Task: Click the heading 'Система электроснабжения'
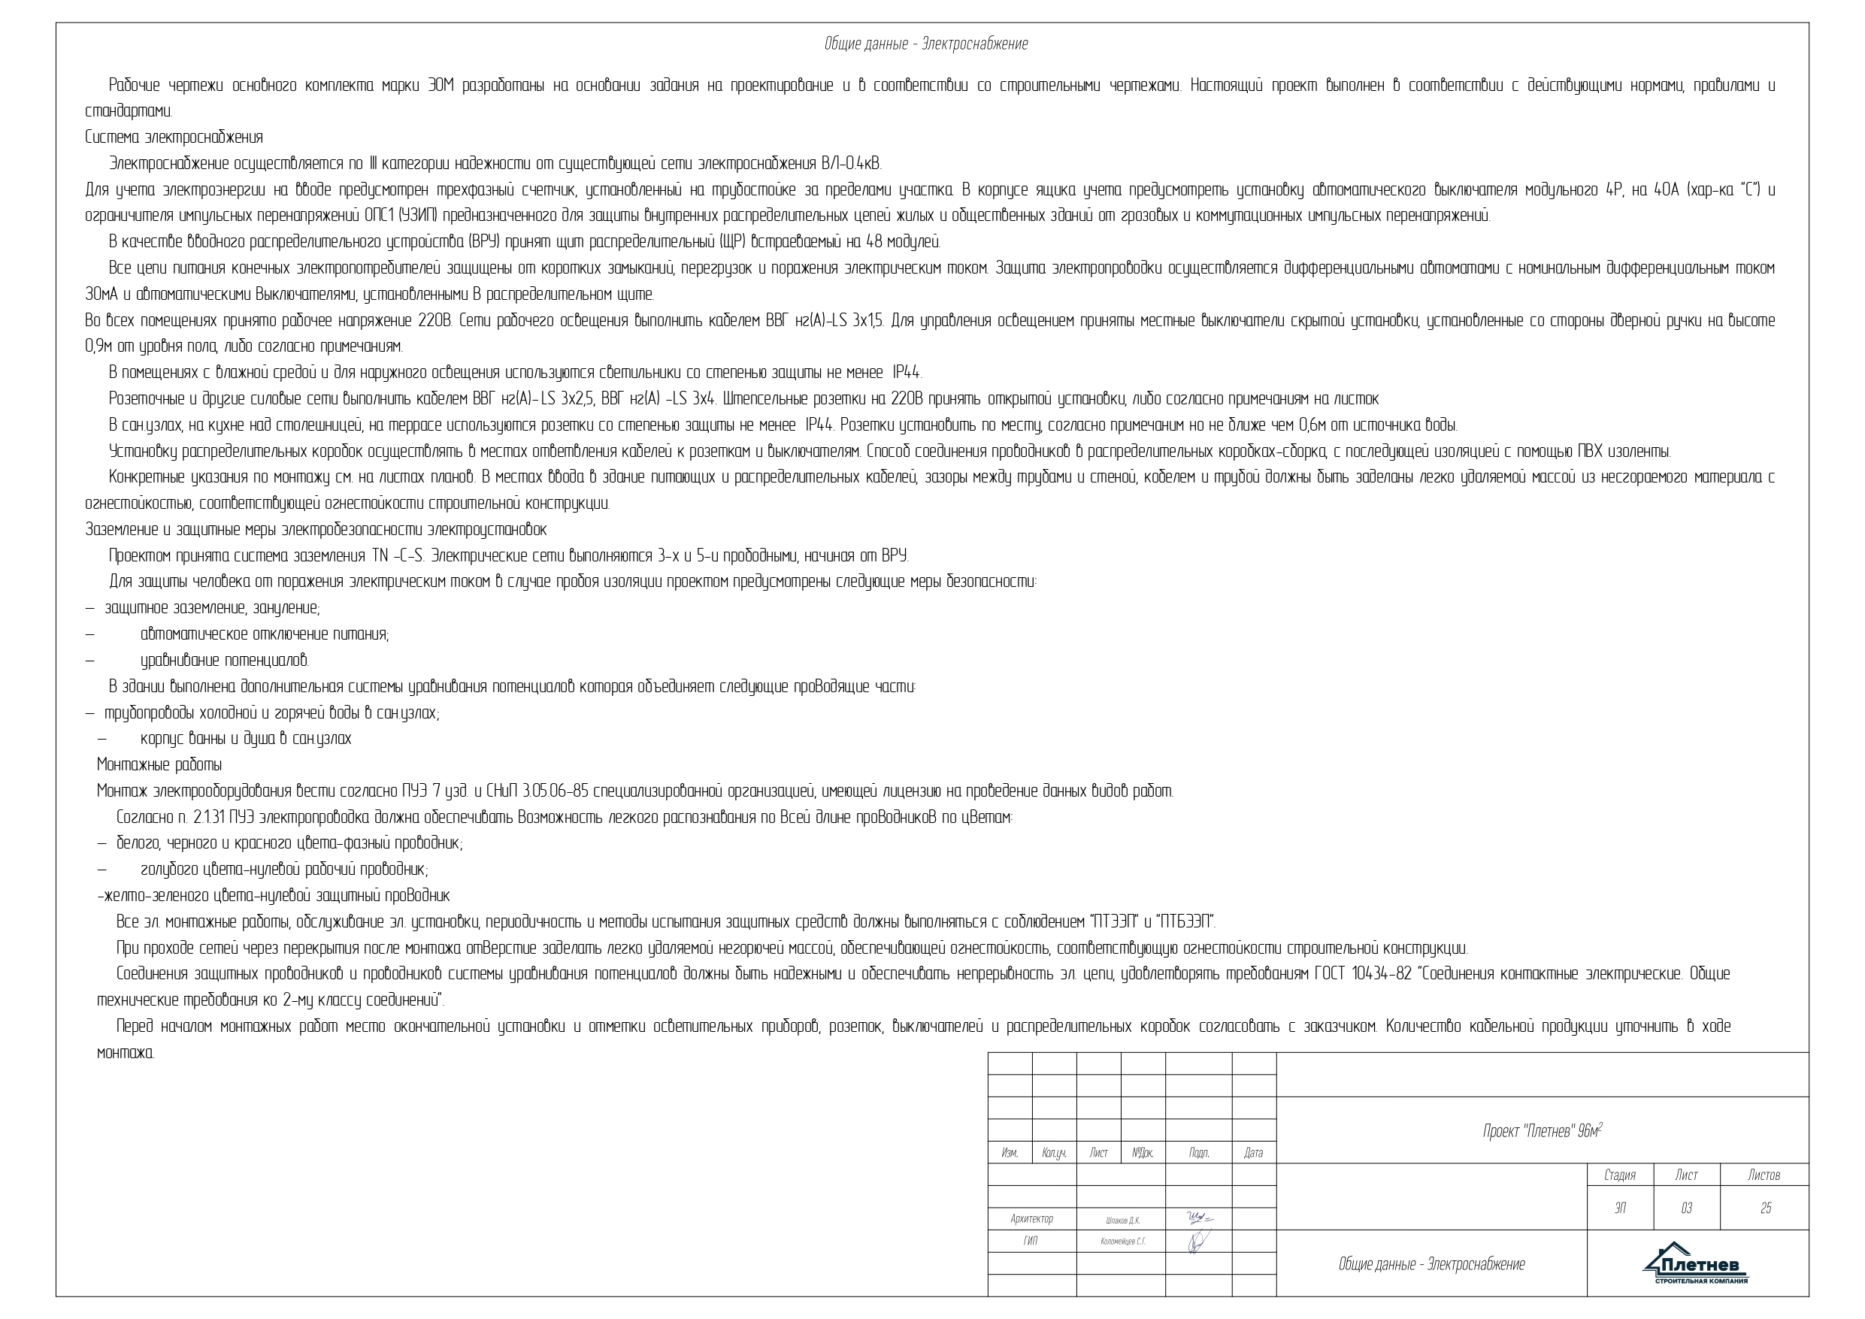pos(174,138)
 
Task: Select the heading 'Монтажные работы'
pos(159,765)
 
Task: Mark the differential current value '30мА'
pos(102,294)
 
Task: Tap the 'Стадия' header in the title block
pos(1620,1175)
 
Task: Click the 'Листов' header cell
pos(1764,1175)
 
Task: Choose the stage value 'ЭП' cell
pos(1620,1209)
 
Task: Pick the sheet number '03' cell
pos(1686,1209)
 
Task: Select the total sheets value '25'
pos(1765,1209)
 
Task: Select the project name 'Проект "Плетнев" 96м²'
pos(1543,1131)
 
